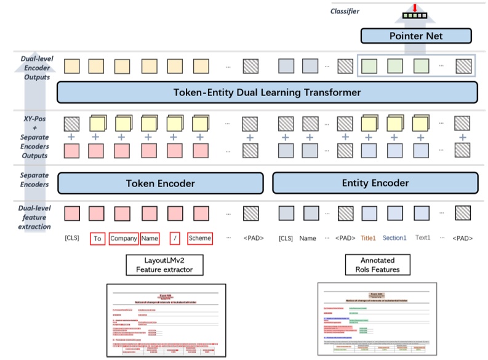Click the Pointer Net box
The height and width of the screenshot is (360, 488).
click(x=416, y=36)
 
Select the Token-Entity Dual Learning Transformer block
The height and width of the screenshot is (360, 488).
click(x=266, y=93)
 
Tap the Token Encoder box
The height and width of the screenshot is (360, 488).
click(x=160, y=183)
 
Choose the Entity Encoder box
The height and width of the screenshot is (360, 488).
click(x=375, y=183)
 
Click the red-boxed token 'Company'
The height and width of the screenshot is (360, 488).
click(x=123, y=238)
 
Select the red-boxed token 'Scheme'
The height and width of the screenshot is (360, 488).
click(x=199, y=238)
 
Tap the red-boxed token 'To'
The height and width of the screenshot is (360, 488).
click(x=97, y=238)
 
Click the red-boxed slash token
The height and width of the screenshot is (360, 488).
click(x=175, y=238)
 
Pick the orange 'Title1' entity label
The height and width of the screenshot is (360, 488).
click(x=368, y=238)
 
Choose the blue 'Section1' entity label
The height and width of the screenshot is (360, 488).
click(x=394, y=238)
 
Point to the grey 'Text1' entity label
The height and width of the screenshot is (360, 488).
click(x=423, y=238)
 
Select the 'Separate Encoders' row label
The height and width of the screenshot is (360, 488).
click(x=26, y=180)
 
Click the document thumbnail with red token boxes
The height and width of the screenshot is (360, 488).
click(x=166, y=321)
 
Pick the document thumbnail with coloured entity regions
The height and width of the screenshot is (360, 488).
click(x=377, y=319)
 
